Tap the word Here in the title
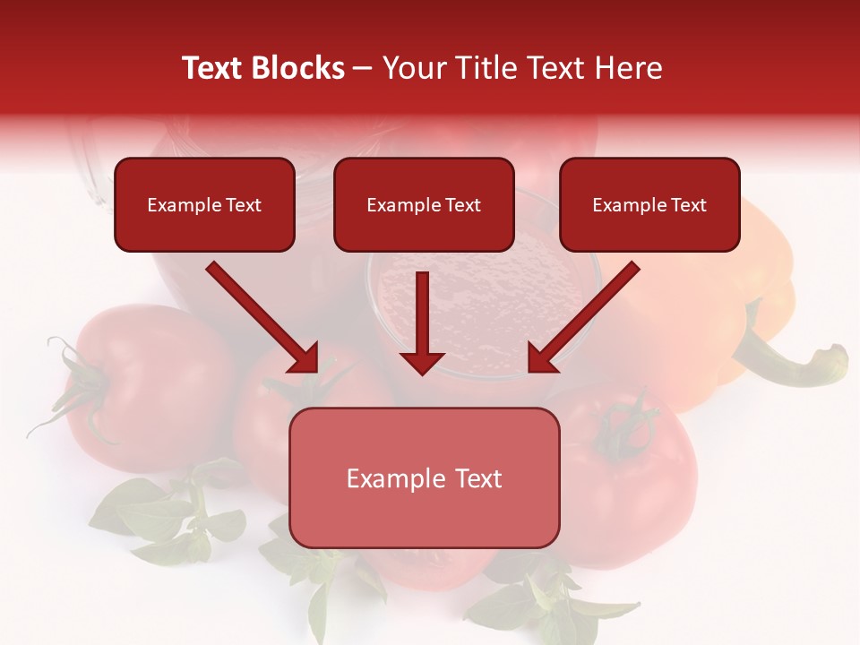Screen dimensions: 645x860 click(627, 68)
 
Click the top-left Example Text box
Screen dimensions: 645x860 click(204, 205)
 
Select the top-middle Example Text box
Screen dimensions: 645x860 click(424, 205)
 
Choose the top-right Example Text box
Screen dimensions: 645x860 click(649, 205)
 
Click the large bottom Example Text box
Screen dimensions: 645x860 click(425, 478)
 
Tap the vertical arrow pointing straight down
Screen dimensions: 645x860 click(422, 318)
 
